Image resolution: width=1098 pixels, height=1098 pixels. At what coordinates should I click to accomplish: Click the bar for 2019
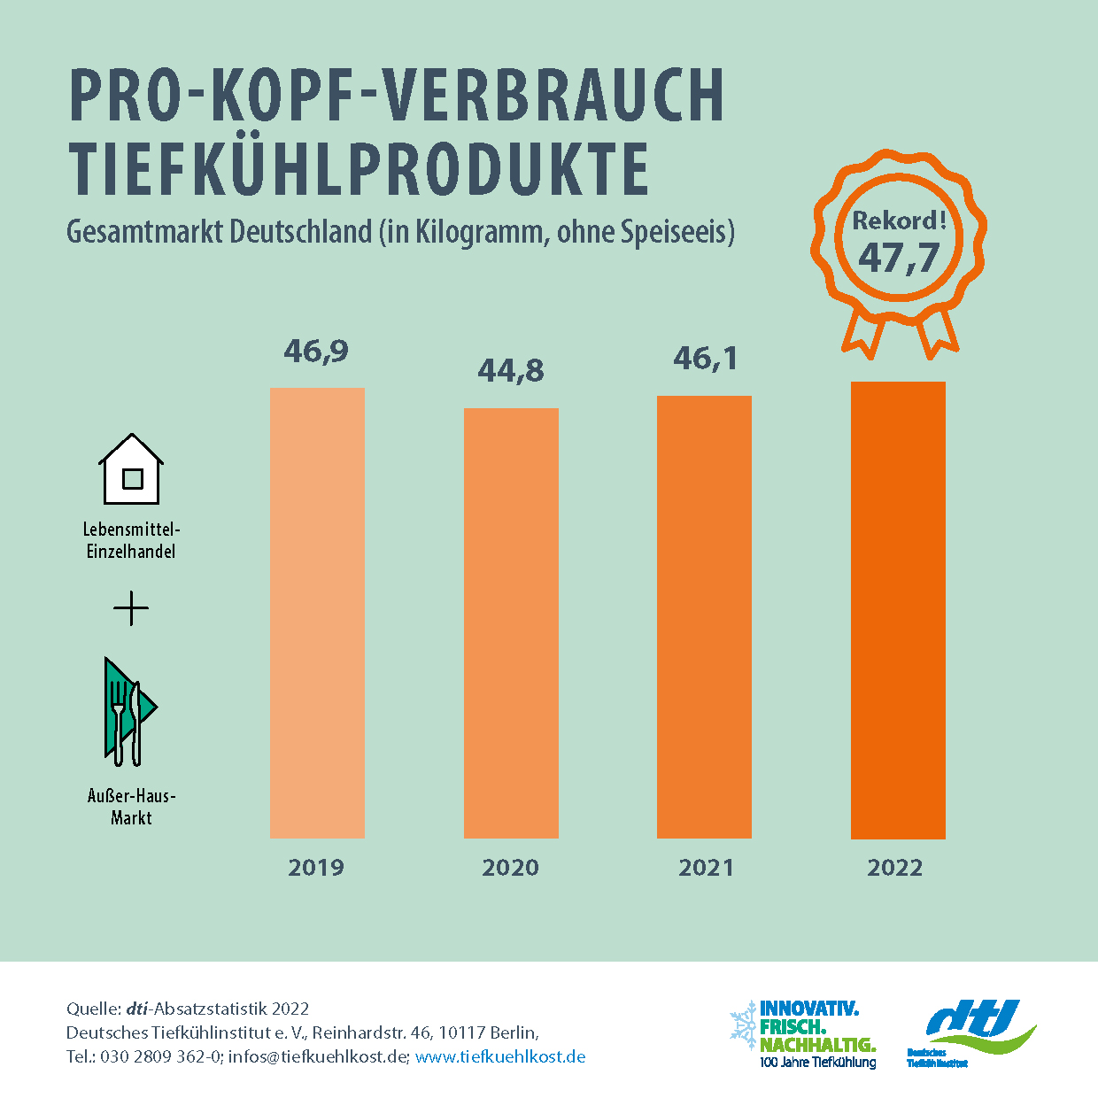pyautogui.click(x=317, y=613)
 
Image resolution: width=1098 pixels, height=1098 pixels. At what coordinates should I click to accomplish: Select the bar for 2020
pyautogui.click(x=511, y=622)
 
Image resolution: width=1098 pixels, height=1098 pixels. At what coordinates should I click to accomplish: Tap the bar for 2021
pyautogui.click(x=704, y=616)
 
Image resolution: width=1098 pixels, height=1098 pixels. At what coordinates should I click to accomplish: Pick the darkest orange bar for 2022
pyautogui.click(x=898, y=610)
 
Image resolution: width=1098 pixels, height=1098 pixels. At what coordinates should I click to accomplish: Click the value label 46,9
pyautogui.click(x=316, y=352)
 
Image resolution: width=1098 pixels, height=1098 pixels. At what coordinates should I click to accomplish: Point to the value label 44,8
pyautogui.click(x=511, y=370)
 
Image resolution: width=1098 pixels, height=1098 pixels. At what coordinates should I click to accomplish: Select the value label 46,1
pyautogui.click(x=705, y=359)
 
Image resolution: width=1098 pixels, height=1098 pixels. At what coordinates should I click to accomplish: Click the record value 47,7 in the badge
pyautogui.click(x=899, y=258)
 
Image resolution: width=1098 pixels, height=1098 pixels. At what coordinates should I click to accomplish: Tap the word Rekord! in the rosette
pyautogui.click(x=899, y=220)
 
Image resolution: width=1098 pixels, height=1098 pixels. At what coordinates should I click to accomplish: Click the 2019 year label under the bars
pyautogui.click(x=316, y=867)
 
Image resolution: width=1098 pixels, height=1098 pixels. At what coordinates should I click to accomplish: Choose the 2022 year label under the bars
pyautogui.click(x=894, y=867)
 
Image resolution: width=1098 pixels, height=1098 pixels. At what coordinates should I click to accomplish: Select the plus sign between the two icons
pyautogui.click(x=131, y=608)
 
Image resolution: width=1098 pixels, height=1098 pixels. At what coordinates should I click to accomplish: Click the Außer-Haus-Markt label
pyautogui.click(x=131, y=806)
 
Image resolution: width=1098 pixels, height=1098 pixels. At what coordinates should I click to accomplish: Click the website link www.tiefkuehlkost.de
pyautogui.click(x=499, y=1056)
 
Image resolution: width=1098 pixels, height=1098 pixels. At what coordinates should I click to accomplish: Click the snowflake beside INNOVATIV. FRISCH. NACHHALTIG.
pyautogui.click(x=742, y=1026)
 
